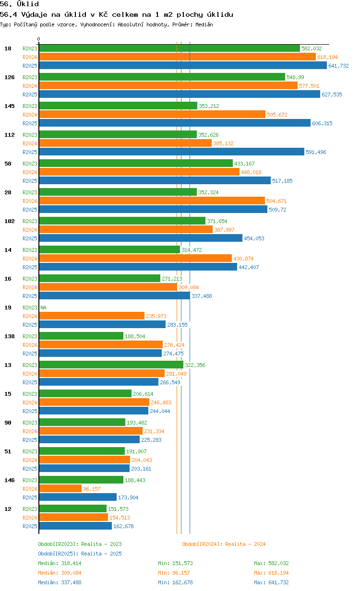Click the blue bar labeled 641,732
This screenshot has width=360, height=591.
point(183,65)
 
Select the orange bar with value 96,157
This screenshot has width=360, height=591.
point(60,488)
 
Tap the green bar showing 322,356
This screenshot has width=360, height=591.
point(111,365)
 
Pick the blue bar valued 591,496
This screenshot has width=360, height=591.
point(171,152)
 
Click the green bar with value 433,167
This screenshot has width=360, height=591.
point(136,163)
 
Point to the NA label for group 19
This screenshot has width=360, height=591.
point(43,307)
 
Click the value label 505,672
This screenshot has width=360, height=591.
point(277,115)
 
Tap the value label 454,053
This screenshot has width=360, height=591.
point(254,238)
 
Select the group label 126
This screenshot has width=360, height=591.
point(10,77)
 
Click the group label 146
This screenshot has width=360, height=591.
point(10,480)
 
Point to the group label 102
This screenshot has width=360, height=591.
point(10,221)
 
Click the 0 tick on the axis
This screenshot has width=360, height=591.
point(38,39)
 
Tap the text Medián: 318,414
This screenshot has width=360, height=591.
point(60,563)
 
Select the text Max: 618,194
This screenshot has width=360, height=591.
point(271,573)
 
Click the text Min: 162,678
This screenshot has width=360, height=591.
point(175,582)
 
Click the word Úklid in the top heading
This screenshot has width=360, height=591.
point(28,4)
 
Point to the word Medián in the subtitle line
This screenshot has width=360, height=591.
point(204,24)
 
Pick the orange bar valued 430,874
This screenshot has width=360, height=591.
point(135,258)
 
